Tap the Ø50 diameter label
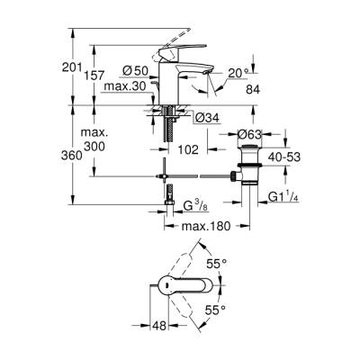(133, 70)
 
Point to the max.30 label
(123, 87)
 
